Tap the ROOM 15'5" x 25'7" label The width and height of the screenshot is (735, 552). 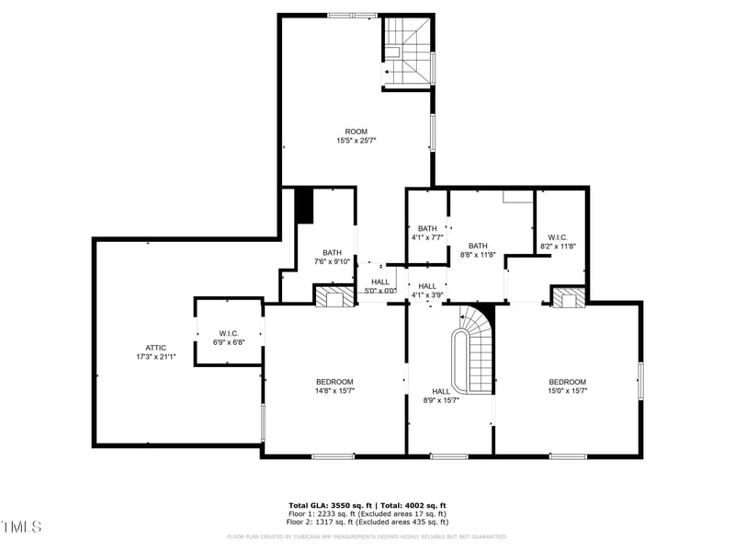[356, 136]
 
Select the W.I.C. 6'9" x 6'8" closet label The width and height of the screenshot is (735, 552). [229, 337]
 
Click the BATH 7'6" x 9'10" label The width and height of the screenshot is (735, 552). [332, 257]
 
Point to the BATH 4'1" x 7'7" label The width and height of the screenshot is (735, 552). [427, 233]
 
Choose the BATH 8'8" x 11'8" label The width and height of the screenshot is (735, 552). [478, 250]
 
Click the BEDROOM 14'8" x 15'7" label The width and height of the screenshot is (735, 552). [334, 385]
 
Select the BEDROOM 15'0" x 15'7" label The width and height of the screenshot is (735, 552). [567, 385]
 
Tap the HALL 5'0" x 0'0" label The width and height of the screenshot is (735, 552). [379, 286]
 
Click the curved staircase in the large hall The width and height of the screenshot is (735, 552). [472, 349]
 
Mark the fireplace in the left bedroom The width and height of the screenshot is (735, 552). [334, 296]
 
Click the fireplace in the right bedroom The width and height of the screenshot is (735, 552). [568, 296]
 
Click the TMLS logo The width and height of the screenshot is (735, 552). [21, 527]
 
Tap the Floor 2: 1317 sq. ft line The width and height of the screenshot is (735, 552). [367, 523]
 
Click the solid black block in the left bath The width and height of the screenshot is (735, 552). [304, 206]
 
